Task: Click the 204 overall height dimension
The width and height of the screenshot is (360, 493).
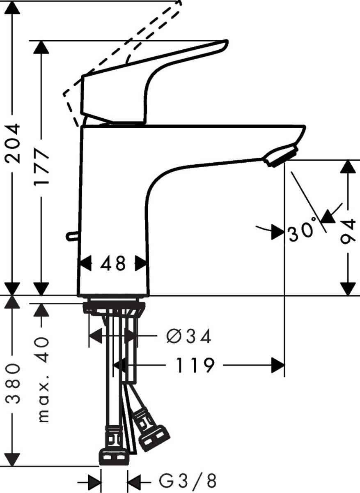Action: point(13,144)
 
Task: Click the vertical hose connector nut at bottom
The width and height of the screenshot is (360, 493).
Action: point(114,456)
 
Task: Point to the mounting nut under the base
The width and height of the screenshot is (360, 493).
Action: point(114,307)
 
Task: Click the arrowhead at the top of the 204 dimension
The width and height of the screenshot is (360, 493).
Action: point(13,8)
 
